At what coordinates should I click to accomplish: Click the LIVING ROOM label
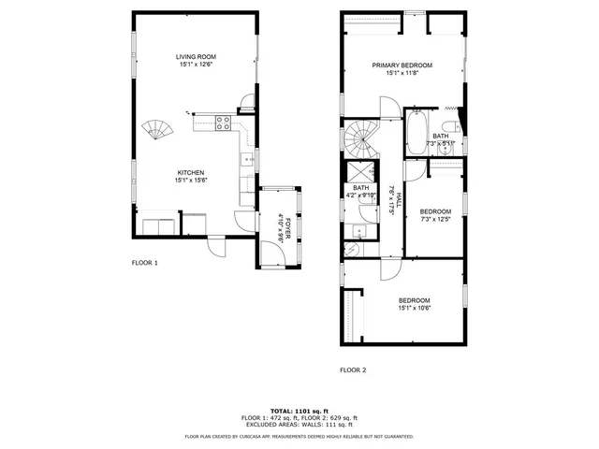[x=196, y=57]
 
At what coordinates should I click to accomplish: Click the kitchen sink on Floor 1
[x=248, y=160]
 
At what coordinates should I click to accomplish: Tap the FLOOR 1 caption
[x=144, y=263]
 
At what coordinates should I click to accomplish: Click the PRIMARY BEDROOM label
[x=402, y=65]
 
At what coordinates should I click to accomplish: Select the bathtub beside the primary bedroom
[x=417, y=132]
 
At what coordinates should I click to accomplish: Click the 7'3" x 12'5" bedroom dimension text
[x=435, y=220]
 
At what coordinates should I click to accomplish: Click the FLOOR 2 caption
[x=352, y=369]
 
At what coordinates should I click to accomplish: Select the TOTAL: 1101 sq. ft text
[x=299, y=411]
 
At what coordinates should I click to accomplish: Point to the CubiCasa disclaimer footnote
[x=299, y=436]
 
